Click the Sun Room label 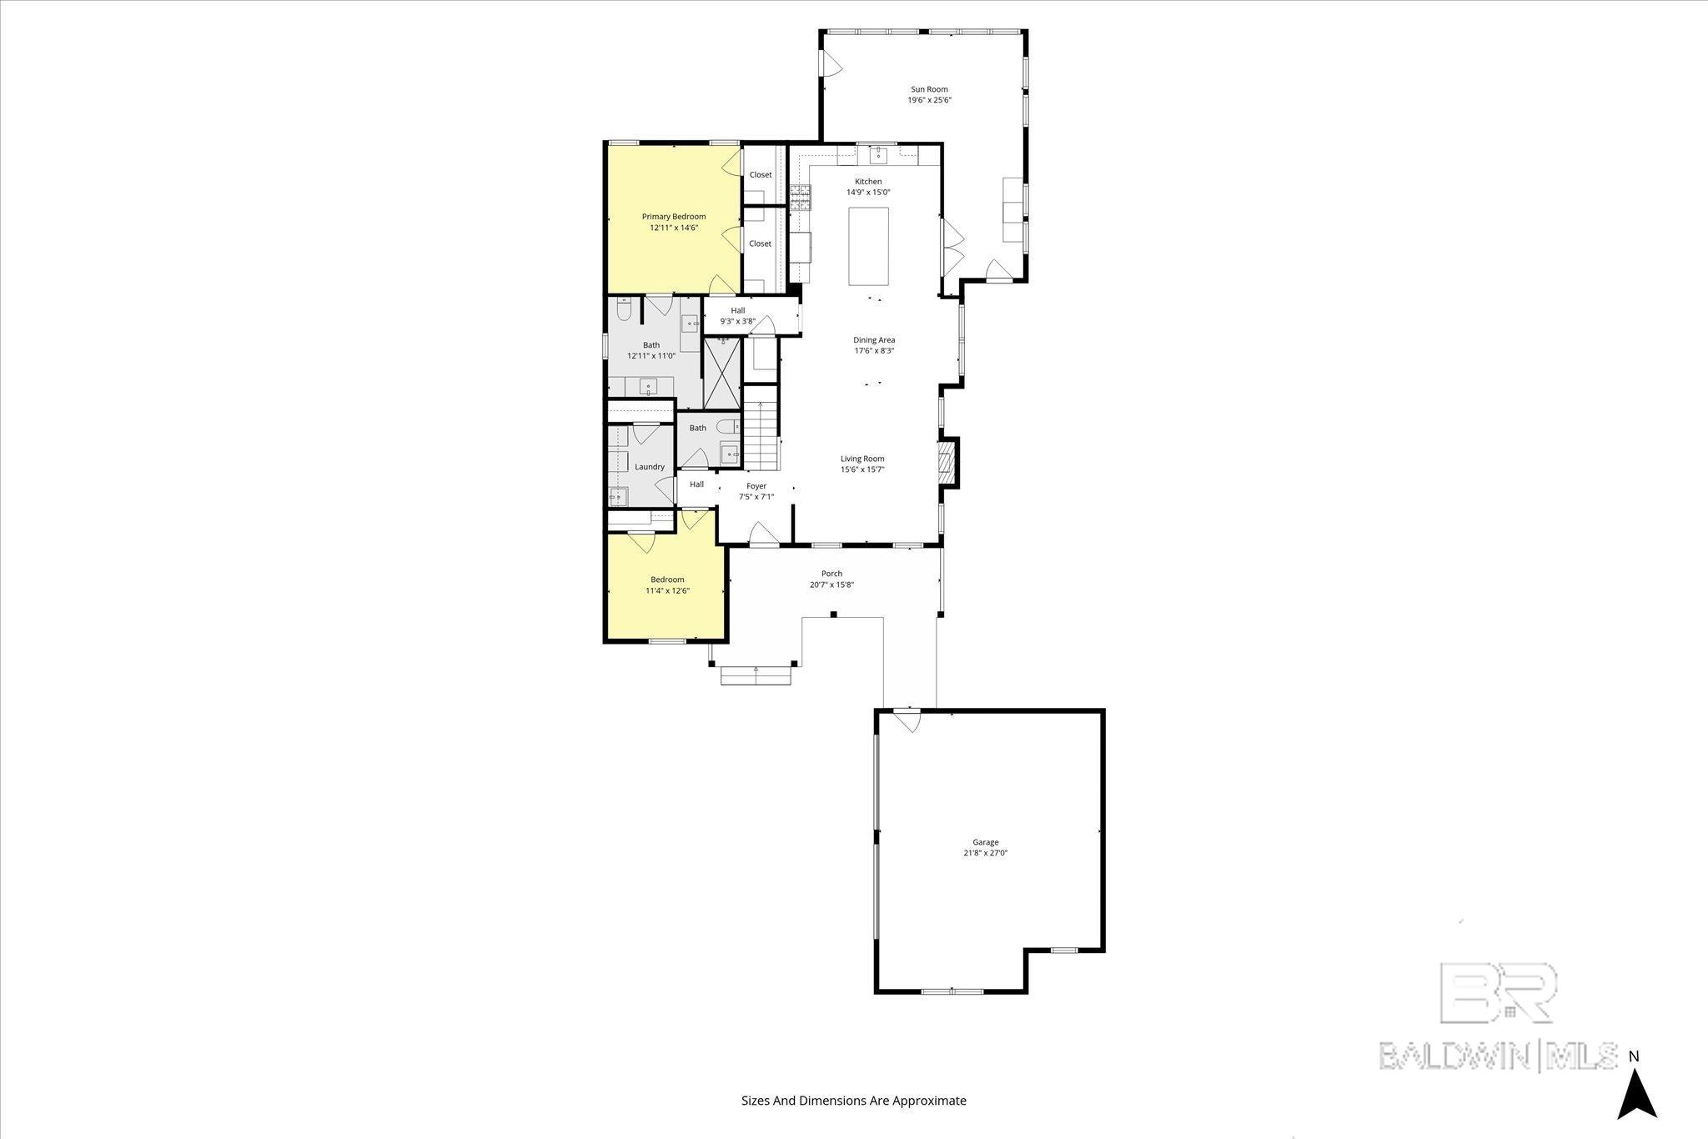(928, 89)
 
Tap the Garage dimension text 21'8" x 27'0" (985, 853)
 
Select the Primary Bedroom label (673, 217)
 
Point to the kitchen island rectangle (868, 246)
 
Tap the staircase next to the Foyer (761, 435)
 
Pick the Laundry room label (649, 467)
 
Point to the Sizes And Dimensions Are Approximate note (853, 1101)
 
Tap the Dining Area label (873, 340)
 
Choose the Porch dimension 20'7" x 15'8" (831, 585)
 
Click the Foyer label (756, 486)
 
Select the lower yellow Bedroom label (667, 580)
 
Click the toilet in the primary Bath (624, 311)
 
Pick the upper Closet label (760, 175)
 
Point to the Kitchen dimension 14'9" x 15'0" (867, 193)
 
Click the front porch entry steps (756, 675)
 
